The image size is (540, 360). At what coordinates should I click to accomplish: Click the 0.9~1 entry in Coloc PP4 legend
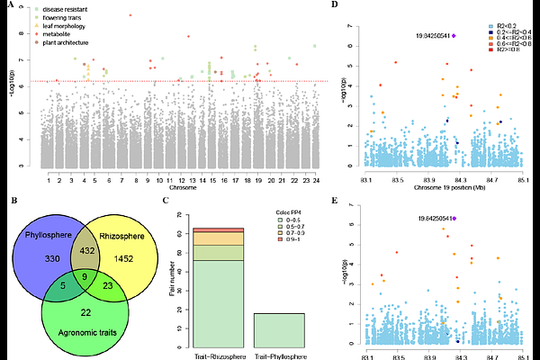pyautogui.click(x=286, y=242)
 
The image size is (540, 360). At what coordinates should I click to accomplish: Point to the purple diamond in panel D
pyautogui.click(x=454, y=35)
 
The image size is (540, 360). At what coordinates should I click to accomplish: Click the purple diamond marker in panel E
pyautogui.click(x=454, y=218)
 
